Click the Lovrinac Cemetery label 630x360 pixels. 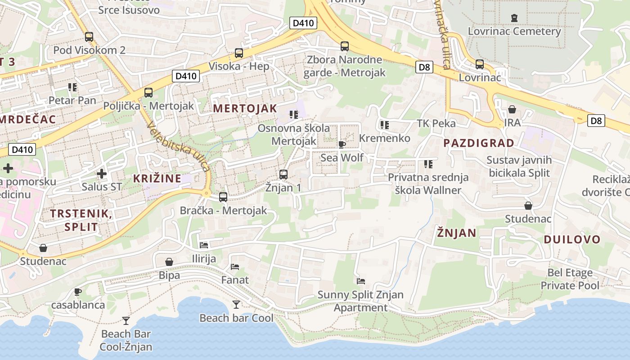point(514,31)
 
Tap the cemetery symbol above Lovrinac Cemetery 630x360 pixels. point(514,18)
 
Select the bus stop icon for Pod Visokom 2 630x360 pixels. point(89,37)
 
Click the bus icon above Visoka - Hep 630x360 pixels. point(239,53)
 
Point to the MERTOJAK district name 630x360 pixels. point(245,108)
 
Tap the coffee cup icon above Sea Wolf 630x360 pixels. point(342,144)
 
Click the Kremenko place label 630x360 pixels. point(385,138)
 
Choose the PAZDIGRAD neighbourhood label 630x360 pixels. point(479,143)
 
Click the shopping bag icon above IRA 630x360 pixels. point(512,109)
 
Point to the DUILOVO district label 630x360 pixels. point(572,239)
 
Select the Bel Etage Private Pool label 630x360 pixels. point(570,279)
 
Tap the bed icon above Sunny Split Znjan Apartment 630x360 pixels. point(360,281)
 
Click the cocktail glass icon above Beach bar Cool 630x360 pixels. point(236,305)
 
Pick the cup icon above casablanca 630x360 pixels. point(78,292)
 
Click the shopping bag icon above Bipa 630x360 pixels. point(169,262)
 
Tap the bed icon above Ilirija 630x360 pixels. point(204,245)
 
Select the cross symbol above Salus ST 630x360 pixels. point(102,173)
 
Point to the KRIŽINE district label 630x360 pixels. point(157,178)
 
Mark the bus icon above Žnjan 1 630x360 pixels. point(283,174)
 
